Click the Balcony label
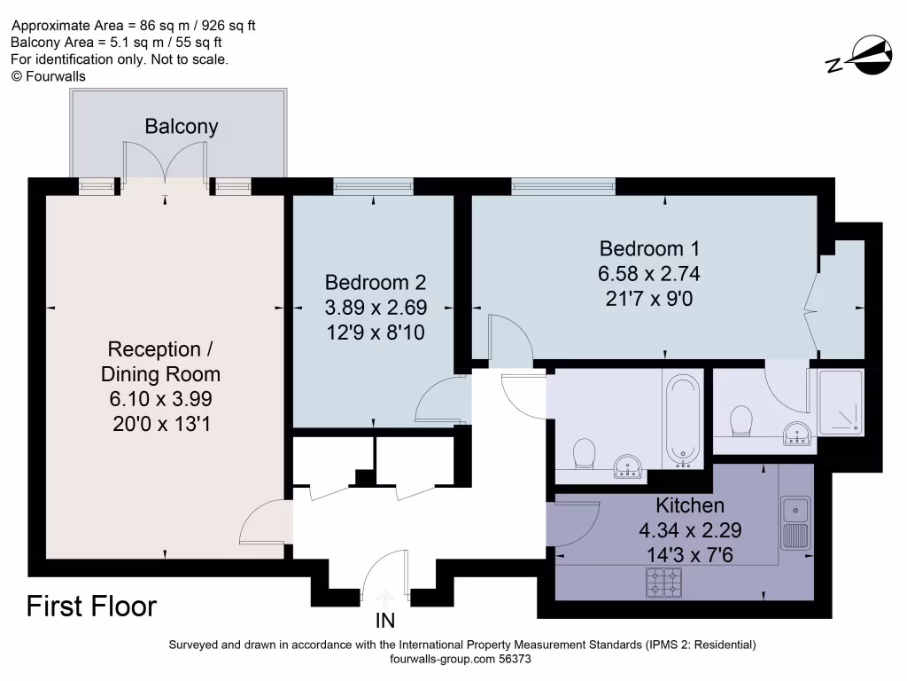[x=181, y=127]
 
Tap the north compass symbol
[x=859, y=57]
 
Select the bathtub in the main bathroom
[x=682, y=419]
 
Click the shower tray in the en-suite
[x=840, y=403]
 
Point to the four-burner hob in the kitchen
[x=663, y=582]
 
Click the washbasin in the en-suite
[x=798, y=434]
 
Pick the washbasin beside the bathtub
[x=631, y=466]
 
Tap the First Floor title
[x=91, y=607]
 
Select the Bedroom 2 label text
[x=376, y=283]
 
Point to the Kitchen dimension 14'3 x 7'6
[x=690, y=557]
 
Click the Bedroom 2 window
[x=373, y=186]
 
